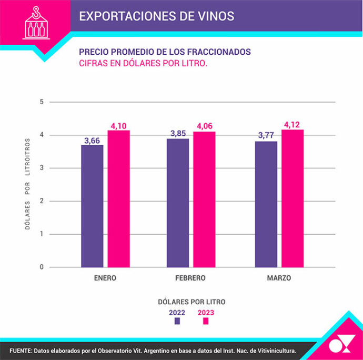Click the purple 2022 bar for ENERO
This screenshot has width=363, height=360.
coord(92,206)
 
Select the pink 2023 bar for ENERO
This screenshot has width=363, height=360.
coord(118,198)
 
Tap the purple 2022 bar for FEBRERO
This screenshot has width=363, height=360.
coord(178,203)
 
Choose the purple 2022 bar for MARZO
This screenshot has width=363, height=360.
coord(266,204)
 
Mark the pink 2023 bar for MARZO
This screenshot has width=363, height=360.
coord(293,198)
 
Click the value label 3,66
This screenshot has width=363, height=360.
coord(92,140)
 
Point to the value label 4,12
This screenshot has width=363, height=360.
coord(293,125)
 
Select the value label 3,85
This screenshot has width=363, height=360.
coord(178,134)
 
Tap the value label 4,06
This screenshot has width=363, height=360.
coord(204,126)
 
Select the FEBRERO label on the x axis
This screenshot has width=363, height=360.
coord(190,278)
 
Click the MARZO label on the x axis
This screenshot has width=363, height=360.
coord(278,278)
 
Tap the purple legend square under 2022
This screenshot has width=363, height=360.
coord(177,321)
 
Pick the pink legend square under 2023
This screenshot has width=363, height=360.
coord(206,321)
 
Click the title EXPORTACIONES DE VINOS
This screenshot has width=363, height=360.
coord(156,16)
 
